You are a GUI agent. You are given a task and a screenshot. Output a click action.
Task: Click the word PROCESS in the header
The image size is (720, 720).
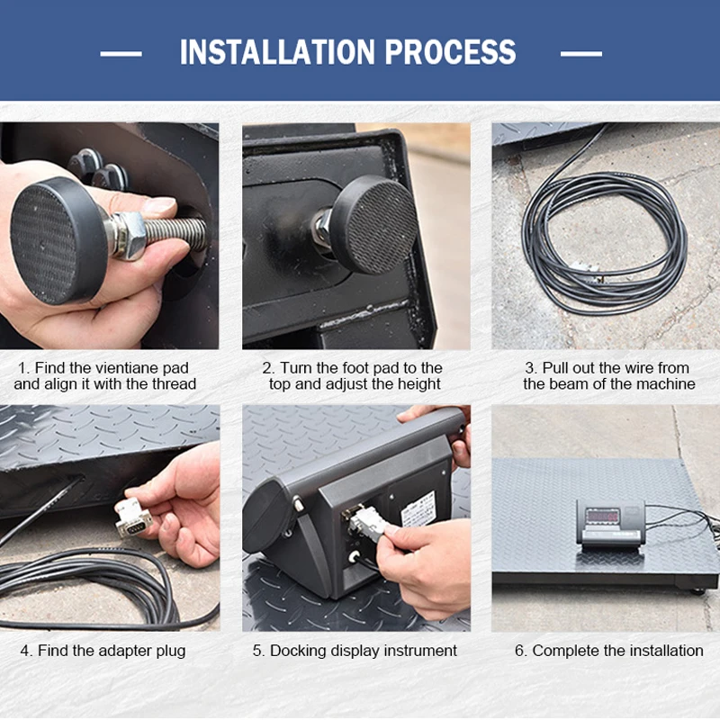tap(451, 52)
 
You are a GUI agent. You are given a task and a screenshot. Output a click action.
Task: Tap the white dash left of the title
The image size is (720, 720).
tap(121, 54)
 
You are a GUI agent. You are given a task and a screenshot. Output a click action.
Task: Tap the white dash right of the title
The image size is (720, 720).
tap(580, 54)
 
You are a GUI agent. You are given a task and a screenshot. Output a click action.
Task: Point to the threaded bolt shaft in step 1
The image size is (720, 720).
tap(175, 233)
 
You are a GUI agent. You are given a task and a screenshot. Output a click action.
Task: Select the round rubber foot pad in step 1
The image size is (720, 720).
tap(58, 241)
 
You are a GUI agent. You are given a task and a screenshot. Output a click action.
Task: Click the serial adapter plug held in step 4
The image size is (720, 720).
tap(132, 518)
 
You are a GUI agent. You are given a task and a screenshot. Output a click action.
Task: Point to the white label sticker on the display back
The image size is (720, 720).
tap(418, 509)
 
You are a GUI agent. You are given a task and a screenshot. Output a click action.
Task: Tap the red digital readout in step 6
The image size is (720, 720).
tap(603, 516)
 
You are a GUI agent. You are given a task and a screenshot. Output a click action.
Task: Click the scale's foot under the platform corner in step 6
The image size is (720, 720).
tap(697, 590)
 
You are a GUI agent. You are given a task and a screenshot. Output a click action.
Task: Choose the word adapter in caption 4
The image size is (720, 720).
tap(126, 651)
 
